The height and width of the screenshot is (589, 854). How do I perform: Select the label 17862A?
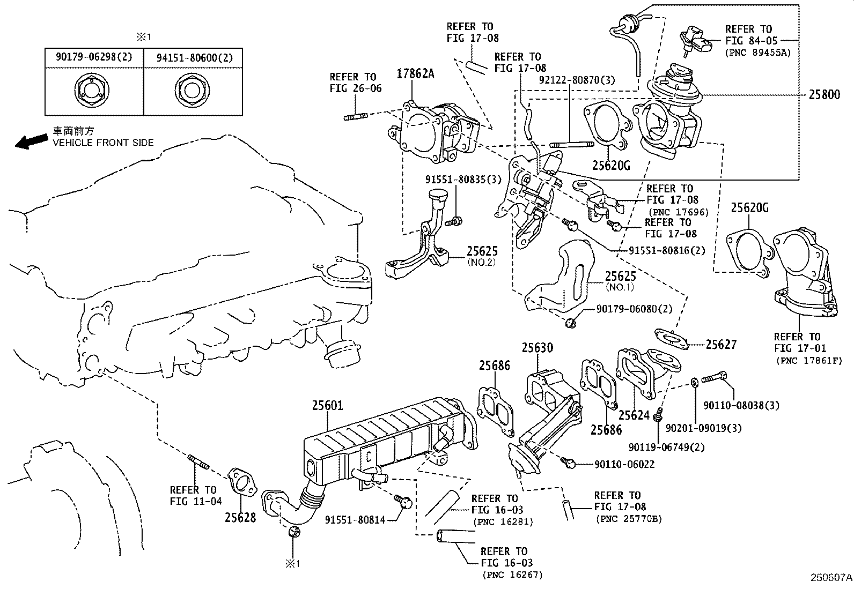tap(415, 74)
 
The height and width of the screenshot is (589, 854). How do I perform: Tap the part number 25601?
tap(327, 406)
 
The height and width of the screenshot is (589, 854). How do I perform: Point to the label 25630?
tap(537, 348)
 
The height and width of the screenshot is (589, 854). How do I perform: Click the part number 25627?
tap(721, 345)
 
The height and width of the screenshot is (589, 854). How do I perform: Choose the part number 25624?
tap(634, 415)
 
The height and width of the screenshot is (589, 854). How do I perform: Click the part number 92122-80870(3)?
tap(577, 81)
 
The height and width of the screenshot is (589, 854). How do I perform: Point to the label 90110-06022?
tap(624, 464)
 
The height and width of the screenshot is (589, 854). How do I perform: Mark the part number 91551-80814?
tap(355, 519)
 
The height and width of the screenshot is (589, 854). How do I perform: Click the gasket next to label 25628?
tap(242, 483)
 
